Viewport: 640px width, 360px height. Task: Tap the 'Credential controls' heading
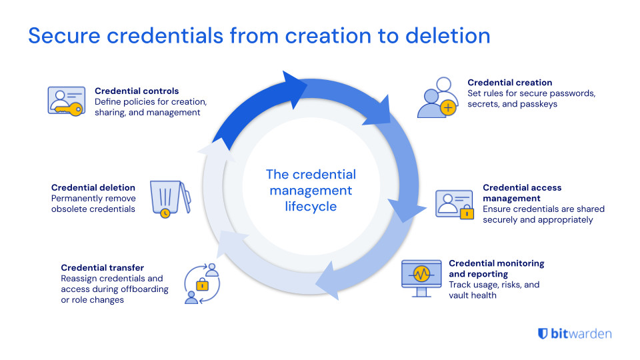[137, 91]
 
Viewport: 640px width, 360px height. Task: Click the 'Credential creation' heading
[509, 83]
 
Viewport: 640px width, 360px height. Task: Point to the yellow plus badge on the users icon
[449, 107]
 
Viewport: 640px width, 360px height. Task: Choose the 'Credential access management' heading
[522, 193]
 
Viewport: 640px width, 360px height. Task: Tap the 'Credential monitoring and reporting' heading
[496, 269]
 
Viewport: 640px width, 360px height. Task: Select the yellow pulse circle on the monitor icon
[421, 273]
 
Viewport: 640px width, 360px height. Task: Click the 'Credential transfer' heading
[101, 267]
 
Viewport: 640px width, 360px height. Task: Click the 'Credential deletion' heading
[93, 188]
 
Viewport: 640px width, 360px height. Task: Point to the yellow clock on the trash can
[164, 213]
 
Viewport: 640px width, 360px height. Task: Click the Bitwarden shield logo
[543, 334]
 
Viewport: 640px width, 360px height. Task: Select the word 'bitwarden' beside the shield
[581, 334]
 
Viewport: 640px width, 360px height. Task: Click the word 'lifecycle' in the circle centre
[311, 207]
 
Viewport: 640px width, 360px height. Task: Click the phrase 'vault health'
[473, 295]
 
